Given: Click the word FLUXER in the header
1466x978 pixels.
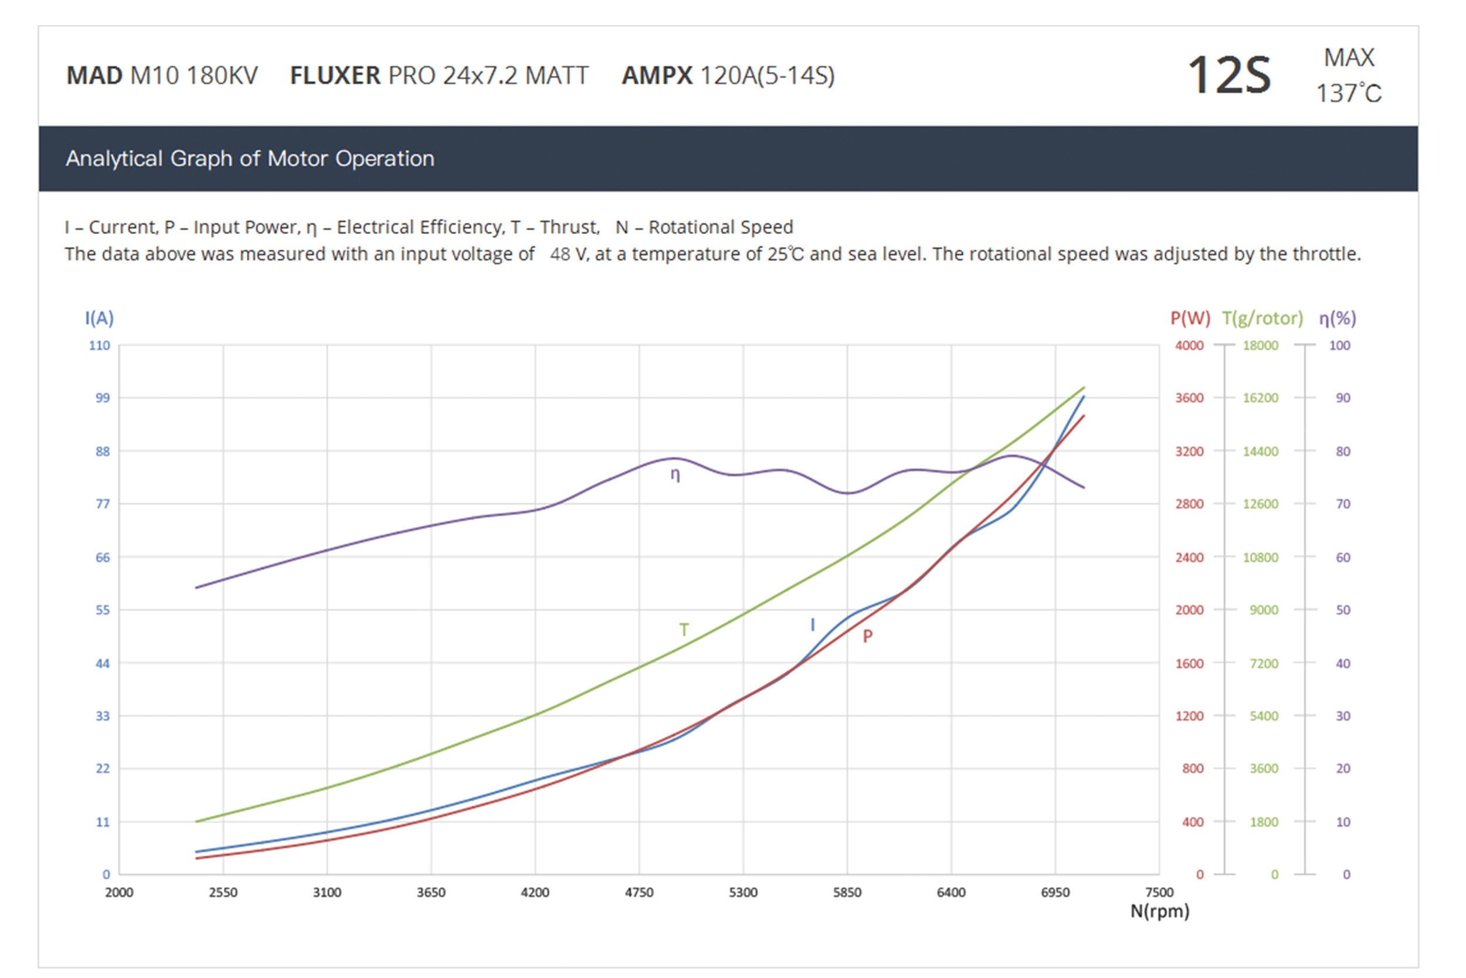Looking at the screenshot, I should (335, 76).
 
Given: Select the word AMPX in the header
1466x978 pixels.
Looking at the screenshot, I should (657, 76).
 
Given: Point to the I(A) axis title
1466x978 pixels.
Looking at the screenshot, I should (99, 319).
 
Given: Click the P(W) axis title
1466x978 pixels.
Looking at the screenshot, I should (1190, 319).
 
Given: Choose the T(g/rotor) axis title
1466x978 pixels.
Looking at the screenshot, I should (1262, 319).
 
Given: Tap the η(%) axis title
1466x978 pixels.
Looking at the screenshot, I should (1337, 319).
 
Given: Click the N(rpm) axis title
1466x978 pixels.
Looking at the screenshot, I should (1160, 911).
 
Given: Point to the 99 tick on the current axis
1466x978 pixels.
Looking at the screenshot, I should (102, 398).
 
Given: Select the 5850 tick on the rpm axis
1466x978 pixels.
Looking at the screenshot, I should (847, 892).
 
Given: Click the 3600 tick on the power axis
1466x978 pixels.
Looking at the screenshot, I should (1189, 398).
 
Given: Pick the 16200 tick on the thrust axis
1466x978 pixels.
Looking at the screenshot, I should (1260, 398).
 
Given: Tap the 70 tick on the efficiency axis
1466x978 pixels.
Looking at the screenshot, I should (1342, 504).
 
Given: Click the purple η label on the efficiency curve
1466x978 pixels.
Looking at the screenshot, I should (675, 475).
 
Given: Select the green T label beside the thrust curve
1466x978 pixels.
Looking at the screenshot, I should (684, 630).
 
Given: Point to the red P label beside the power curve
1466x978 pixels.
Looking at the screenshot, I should (867, 636).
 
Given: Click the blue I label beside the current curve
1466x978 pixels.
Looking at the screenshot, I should (812, 624).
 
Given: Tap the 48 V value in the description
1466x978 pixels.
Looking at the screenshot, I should (568, 254).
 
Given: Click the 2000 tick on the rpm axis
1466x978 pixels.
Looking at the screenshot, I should (119, 892).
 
